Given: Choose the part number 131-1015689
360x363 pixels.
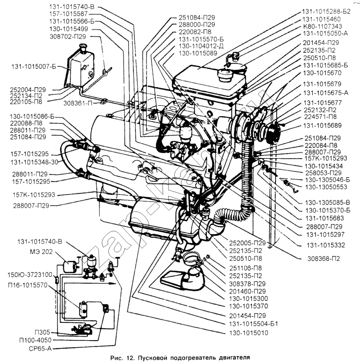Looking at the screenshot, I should click(x=322, y=126).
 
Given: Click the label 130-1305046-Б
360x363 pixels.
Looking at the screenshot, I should click(x=327, y=180).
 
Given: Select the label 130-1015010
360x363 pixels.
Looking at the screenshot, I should click(x=248, y=333).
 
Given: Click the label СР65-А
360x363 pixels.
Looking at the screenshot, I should click(x=40, y=348).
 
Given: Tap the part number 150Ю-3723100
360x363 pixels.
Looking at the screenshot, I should click(x=30, y=275).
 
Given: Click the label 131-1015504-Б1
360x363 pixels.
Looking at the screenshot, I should click(x=254, y=323).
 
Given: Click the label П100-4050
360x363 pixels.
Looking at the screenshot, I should click(x=35, y=340).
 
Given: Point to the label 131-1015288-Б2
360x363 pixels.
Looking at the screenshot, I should click(x=326, y=11).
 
